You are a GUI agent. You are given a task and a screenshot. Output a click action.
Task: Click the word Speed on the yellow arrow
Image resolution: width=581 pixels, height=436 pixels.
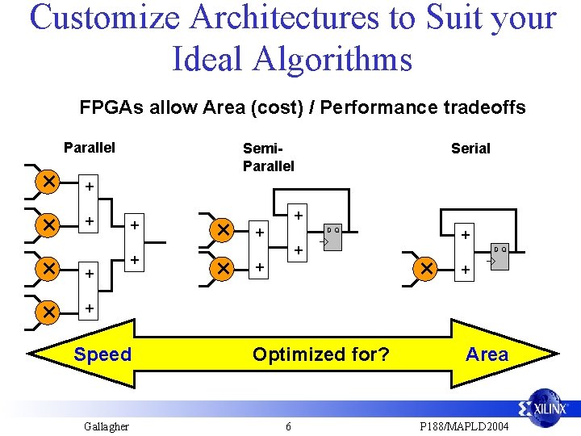coord(102,354)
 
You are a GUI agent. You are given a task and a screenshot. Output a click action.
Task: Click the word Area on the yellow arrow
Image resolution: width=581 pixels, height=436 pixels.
coord(487,354)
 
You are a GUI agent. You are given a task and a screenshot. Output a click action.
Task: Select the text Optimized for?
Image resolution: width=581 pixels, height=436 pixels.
coord(320,354)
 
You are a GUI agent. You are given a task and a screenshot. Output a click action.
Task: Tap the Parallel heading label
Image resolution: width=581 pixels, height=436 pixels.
coord(90,147)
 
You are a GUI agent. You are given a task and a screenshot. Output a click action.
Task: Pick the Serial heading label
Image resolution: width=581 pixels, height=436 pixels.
coord(470,148)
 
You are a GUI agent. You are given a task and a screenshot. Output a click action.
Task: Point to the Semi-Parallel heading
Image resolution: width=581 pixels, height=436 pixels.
coord(268,157)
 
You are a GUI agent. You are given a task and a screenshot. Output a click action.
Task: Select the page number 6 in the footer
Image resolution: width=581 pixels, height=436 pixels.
coord(288,426)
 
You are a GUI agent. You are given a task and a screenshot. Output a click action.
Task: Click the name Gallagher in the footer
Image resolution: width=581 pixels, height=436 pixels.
coord(106,426)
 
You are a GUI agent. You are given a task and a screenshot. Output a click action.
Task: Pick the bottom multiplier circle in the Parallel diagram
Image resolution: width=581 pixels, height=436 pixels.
coord(48,310)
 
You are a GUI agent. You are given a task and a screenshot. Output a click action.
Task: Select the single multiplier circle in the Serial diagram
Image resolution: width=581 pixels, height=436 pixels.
coord(425,267)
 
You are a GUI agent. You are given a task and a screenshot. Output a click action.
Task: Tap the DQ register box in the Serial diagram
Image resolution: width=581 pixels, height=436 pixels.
coord(500,256)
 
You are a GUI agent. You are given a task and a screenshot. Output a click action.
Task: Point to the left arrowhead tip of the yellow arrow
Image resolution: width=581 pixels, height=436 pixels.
coord(29,354)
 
